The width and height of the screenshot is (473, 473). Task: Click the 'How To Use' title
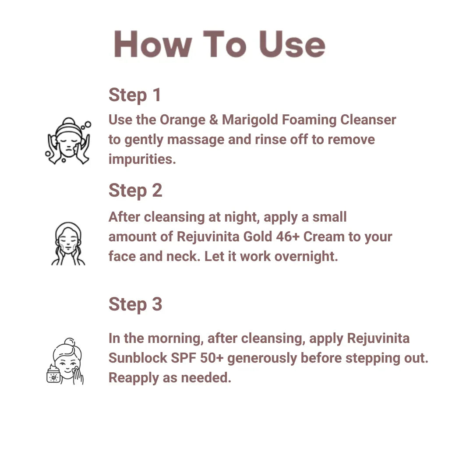[219, 44]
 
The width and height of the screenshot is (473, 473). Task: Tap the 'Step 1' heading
[134, 95]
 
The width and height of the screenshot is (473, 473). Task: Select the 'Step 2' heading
[135, 191]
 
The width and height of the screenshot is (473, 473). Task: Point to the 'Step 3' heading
[135, 304]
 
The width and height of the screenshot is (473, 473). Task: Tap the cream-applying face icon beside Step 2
[68, 244]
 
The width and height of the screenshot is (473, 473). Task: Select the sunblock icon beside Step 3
[65, 361]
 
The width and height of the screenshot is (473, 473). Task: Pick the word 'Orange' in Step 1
[183, 120]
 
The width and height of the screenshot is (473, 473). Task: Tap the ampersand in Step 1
[214, 120]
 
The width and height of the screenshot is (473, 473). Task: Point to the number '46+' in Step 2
[288, 237]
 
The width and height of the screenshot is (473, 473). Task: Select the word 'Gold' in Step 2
[258, 237]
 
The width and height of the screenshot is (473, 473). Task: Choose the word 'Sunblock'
[138, 358]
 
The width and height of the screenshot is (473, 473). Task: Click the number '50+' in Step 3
[212, 358]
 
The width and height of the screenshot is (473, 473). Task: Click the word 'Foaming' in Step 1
[309, 120]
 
